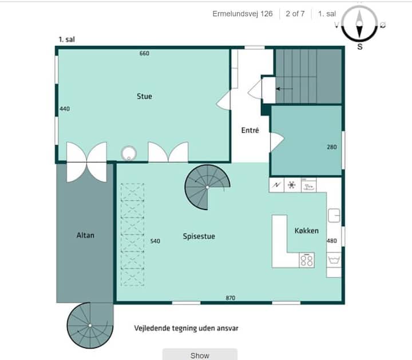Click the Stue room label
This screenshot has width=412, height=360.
click(144, 96)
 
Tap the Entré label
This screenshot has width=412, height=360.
click(250, 130)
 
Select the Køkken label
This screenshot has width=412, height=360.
click(306, 231)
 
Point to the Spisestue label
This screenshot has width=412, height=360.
click(199, 236)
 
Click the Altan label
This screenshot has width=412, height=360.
click(85, 235)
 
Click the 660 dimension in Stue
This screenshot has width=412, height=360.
click(144, 53)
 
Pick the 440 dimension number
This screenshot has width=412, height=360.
click(65, 109)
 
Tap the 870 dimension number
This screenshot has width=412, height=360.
click(231, 298)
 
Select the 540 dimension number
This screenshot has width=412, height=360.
click(155, 241)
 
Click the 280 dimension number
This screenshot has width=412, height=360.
click(331, 147)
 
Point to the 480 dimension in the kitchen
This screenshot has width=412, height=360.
click(332, 241)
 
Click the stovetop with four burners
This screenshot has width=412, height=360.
click(307, 260)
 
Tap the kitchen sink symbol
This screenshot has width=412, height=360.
click(334, 215)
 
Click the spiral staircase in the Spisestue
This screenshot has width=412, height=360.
click(207, 187)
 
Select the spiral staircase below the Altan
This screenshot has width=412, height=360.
click(90, 325)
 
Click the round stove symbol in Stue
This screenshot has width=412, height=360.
click(129, 153)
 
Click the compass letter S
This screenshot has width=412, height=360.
click(360, 47)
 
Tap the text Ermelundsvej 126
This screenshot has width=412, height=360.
click(243, 14)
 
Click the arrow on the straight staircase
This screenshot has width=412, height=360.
click(284, 89)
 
